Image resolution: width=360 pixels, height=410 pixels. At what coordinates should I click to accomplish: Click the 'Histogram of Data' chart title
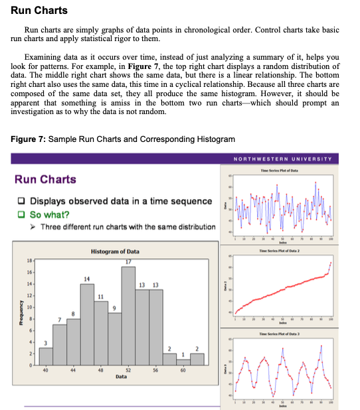pyautogui.click(x=114, y=252)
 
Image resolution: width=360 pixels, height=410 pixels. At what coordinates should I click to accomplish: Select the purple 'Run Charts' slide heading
pyautogui.click(x=45, y=179)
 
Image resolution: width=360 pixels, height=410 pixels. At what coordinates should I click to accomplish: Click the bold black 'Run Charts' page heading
pyautogui.click(x=39, y=11)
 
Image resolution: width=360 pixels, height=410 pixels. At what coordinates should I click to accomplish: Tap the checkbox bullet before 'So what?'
pyautogui.click(x=22, y=214)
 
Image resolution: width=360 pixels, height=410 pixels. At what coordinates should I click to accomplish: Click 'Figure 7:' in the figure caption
pyautogui.click(x=29, y=139)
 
